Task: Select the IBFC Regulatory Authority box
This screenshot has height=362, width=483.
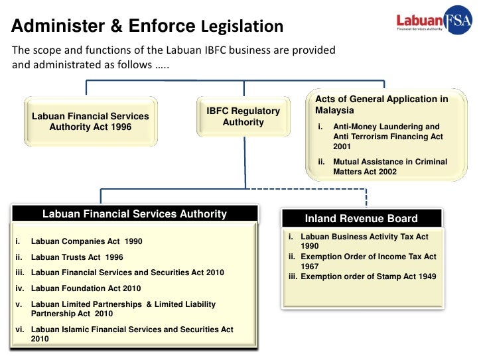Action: (x=243, y=117)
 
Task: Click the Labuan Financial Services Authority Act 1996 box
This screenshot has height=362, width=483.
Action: (x=90, y=121)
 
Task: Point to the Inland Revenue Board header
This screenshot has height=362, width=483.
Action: (x=361, y=219)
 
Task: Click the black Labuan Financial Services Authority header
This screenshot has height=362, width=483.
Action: (x=134, y=214)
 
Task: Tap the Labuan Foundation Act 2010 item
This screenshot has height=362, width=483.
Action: (x=86, y=288)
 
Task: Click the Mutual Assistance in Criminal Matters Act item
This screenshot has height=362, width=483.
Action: (x=389, y=166)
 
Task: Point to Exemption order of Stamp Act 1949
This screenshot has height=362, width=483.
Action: (x=368, y=276)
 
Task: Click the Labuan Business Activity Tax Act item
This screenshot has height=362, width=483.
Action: (x=364, y=241)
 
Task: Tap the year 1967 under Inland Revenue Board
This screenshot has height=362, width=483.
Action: (x=309, y=267)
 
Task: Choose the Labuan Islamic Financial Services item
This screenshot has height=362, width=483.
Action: (x=131, y=330)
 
